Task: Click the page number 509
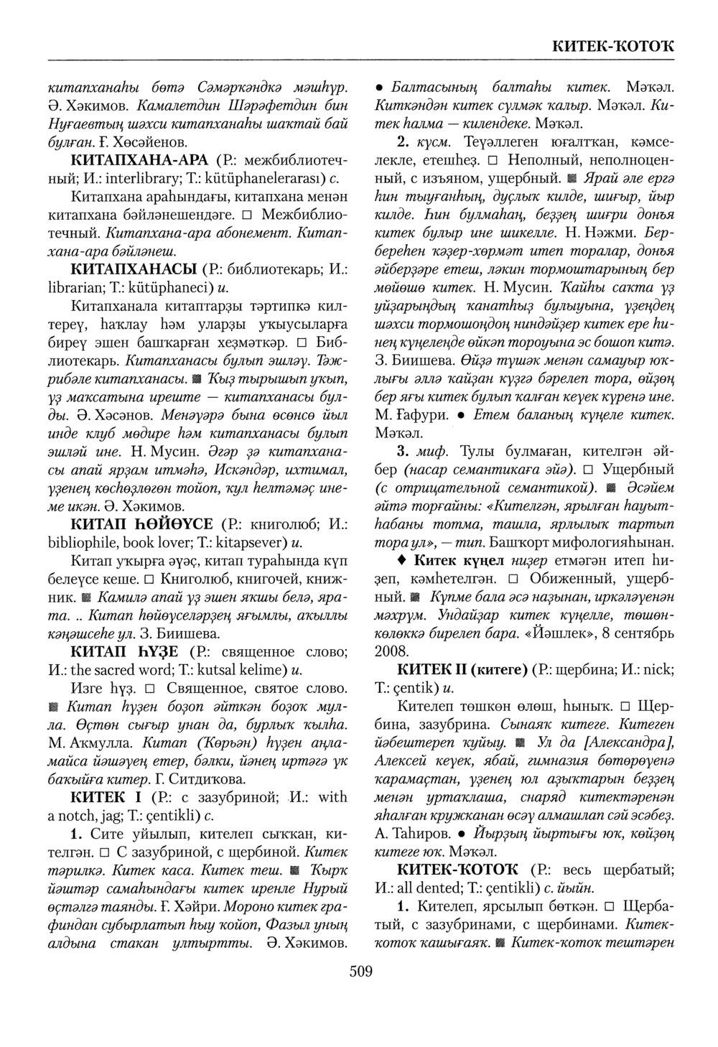(x=360, y=972)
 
